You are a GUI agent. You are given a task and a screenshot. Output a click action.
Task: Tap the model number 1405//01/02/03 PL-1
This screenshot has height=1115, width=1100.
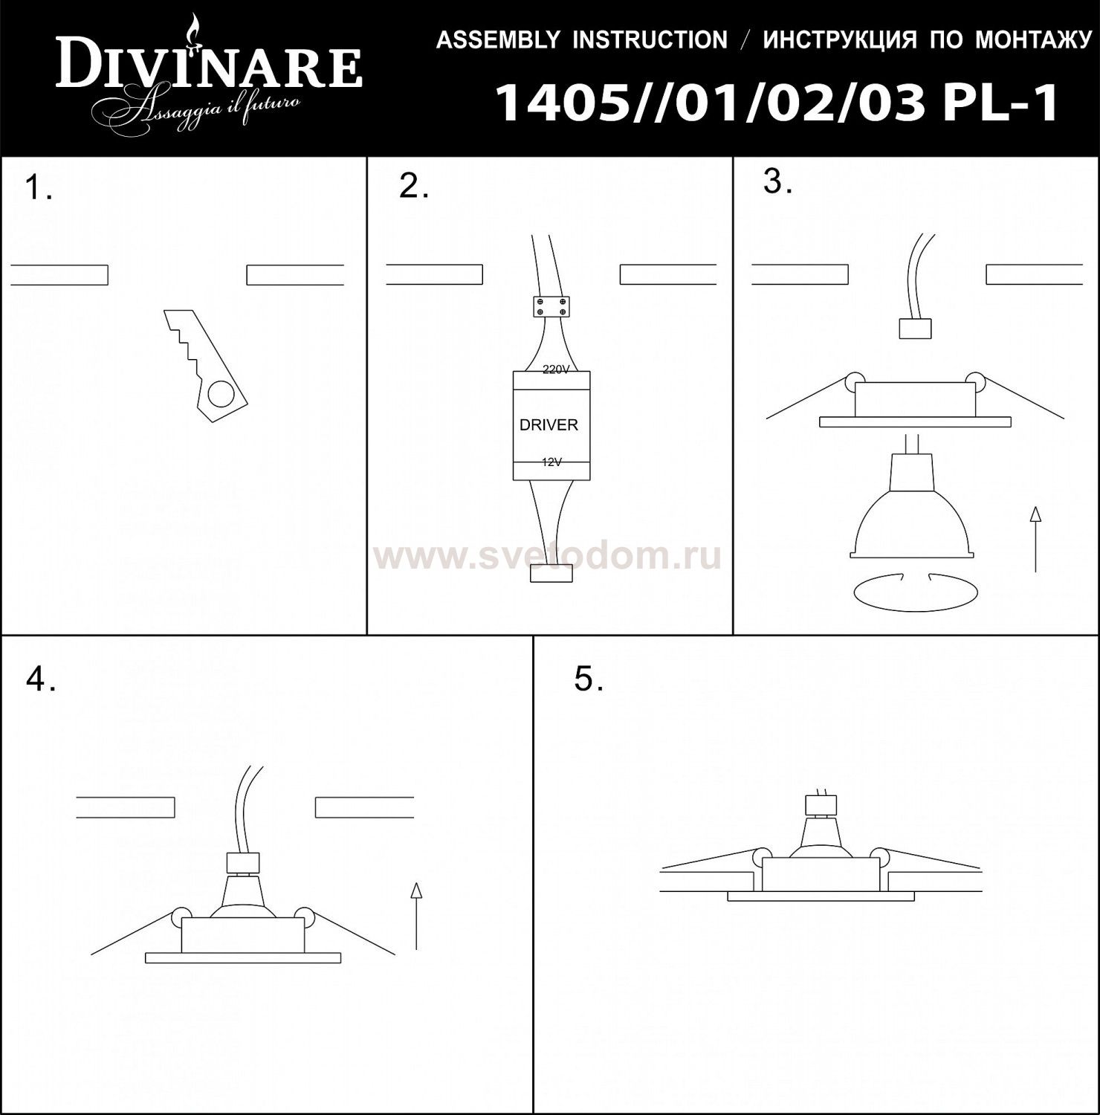pos(777,103)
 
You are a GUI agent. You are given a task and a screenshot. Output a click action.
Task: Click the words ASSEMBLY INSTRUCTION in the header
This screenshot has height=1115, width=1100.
pos(581,39)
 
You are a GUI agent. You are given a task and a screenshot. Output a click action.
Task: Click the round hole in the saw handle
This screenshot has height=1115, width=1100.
pos(220,394)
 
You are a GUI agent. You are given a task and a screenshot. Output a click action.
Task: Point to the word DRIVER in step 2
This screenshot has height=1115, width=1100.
pos(549,425)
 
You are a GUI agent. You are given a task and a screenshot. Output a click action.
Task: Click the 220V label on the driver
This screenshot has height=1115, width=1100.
pos(555,369)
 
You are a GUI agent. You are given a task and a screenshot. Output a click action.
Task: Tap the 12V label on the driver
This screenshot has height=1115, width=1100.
pos(551,462)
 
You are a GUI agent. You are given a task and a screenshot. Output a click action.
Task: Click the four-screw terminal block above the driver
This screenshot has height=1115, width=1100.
pos(551,306)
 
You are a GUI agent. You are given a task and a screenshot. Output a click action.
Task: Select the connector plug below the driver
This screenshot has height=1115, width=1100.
pos(551,574)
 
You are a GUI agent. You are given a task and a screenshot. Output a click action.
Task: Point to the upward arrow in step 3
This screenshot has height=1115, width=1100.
pos(1035,539)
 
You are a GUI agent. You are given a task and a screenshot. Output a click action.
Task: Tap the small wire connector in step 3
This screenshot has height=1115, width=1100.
pos(915,328)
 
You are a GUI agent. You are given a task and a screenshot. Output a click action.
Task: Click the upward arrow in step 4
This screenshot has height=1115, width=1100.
pos(416,915)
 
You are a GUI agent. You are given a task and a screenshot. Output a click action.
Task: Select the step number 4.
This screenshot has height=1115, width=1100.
pos(39,679)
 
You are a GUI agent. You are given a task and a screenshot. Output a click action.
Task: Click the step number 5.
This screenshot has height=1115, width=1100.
pos(588,679)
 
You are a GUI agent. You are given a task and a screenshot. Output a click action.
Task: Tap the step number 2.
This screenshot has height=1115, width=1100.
pos(413,187)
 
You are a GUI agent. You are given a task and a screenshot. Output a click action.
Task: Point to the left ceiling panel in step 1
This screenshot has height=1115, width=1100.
pos(59,274)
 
